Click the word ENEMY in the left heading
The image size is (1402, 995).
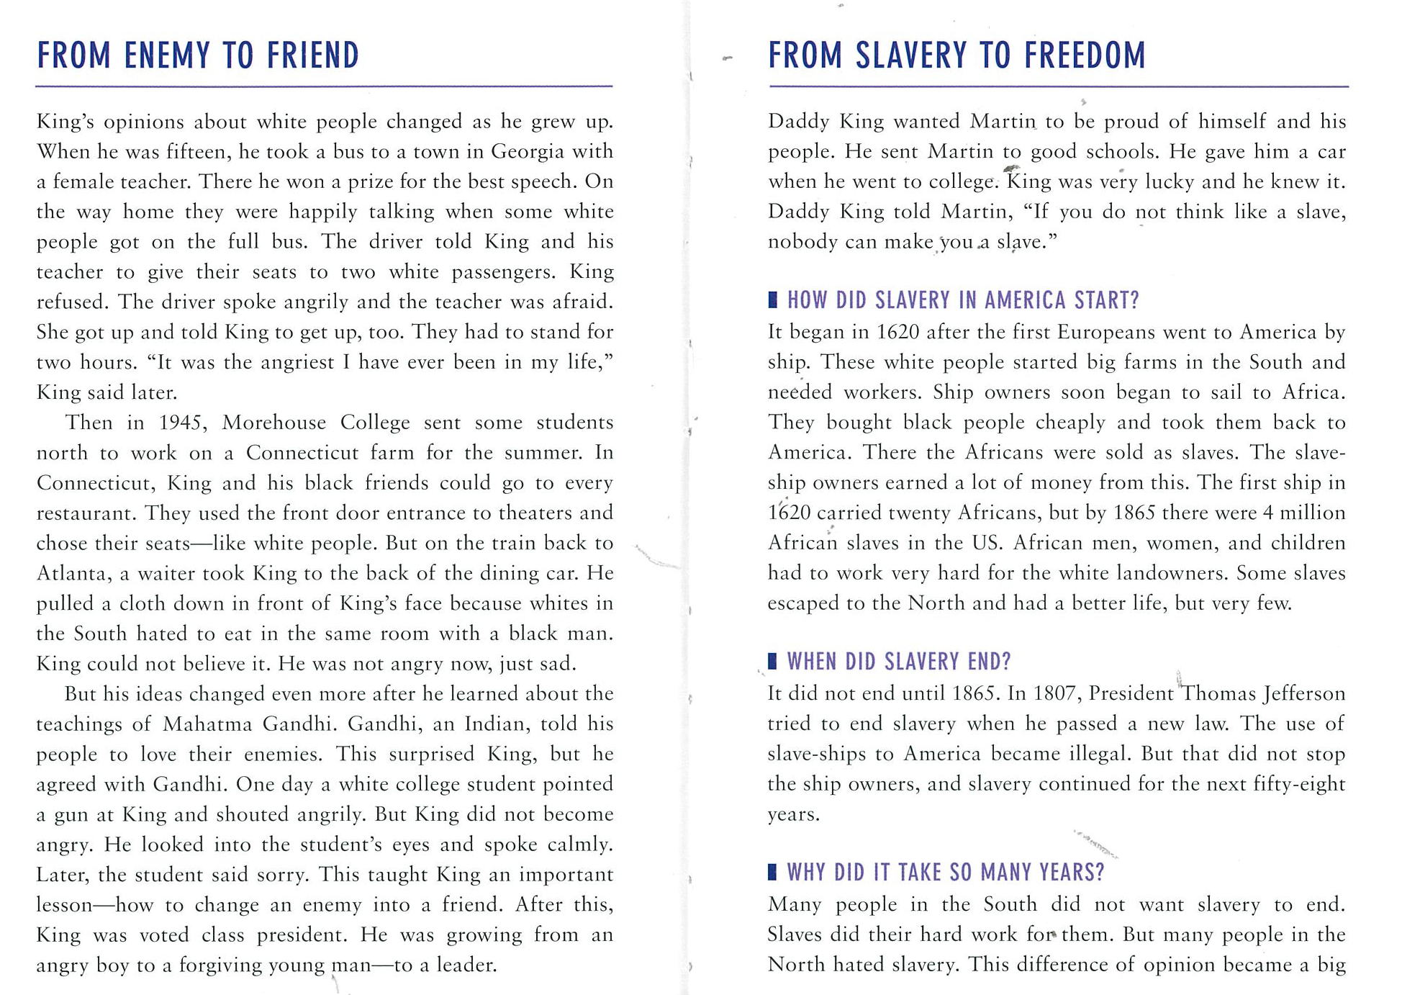(167, 55)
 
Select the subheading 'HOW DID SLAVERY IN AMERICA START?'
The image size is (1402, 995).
(963, 300)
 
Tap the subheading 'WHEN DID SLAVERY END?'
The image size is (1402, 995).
(899, 661)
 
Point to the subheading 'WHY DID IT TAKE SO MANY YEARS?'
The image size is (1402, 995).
(945, 872)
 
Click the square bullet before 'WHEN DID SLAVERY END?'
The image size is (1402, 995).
(772, 661)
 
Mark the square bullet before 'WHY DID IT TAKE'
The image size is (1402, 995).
(772, 872)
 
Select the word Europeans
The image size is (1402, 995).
(1105, 332)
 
